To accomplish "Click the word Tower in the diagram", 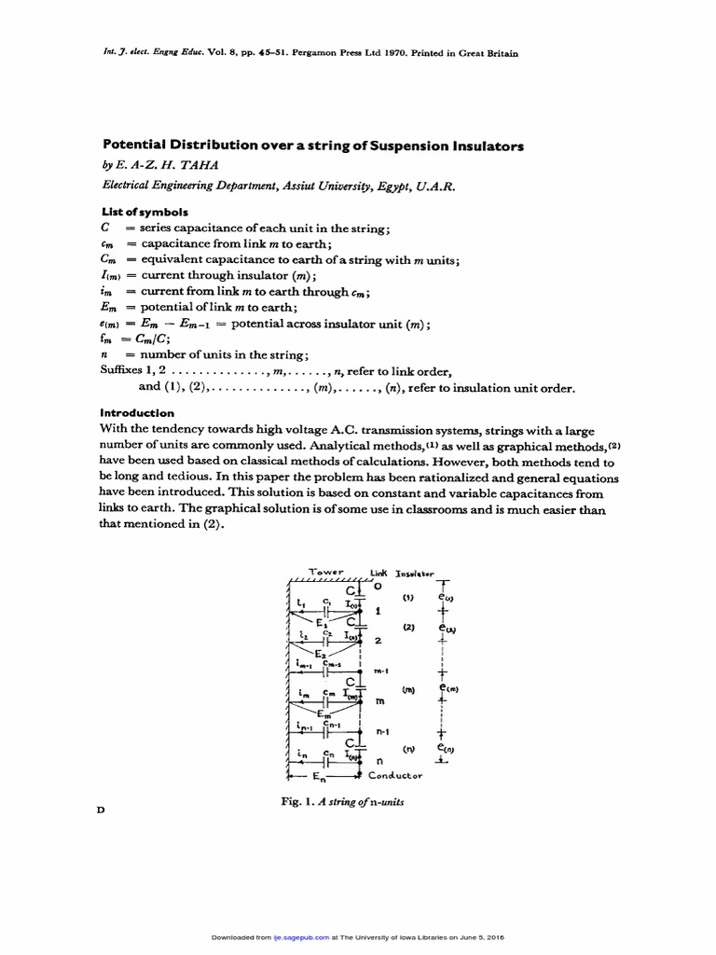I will [322, 572].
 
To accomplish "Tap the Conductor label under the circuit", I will [395, 775].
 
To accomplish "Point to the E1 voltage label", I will [322, 620].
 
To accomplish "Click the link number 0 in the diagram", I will [378, 587].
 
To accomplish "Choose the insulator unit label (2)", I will [408, 628].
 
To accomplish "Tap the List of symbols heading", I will [138, 212].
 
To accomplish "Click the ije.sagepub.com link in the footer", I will [287, 937].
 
